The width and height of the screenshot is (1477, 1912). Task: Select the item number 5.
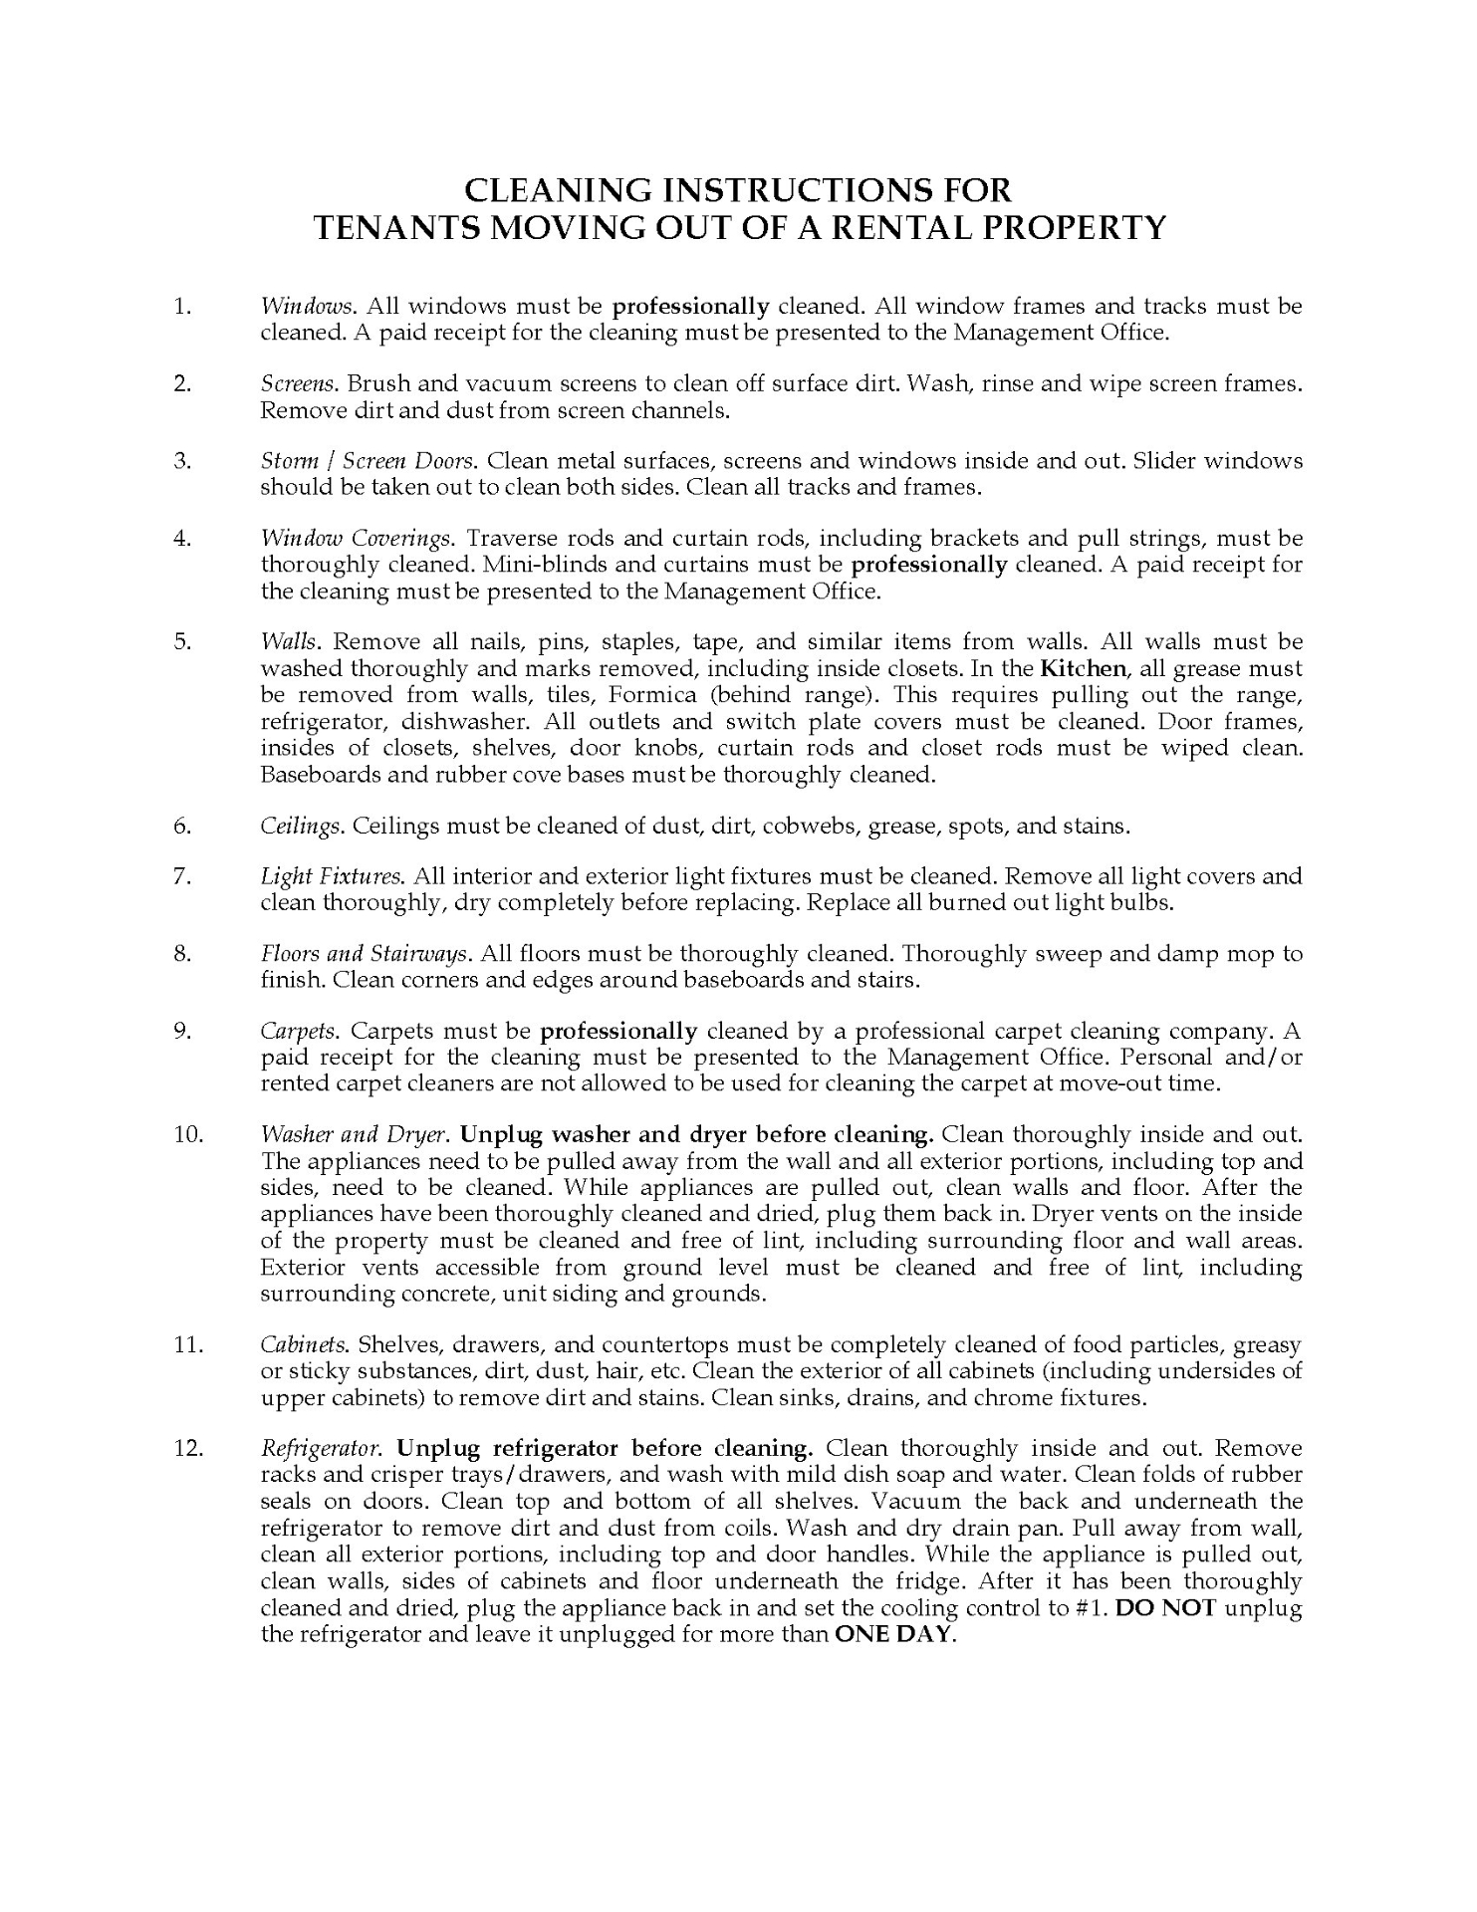181,641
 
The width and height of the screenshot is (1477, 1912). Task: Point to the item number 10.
187,1134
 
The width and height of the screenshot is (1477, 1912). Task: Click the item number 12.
187,1448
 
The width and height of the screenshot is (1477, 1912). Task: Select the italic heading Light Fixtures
333,876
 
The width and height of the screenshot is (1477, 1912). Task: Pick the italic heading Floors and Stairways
365,954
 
